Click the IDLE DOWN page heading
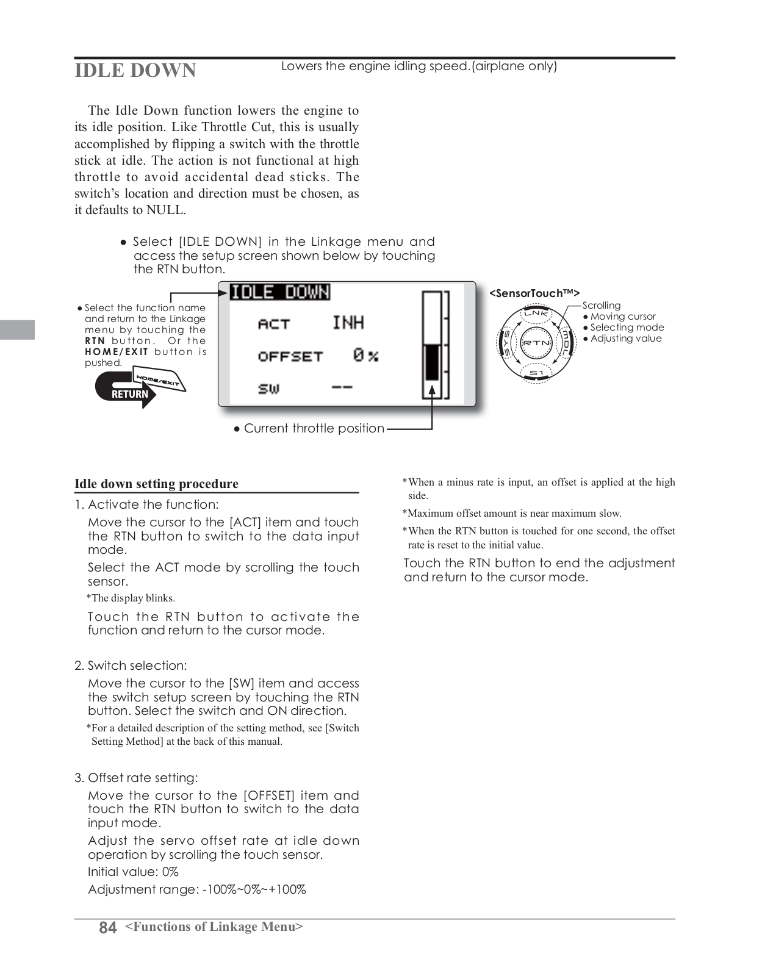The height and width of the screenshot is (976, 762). tap(135, 70)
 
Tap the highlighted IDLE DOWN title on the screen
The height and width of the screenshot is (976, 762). tap(280, 292)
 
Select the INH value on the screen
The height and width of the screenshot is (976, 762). tap(348, 323)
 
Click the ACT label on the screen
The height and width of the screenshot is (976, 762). tap(274, 324)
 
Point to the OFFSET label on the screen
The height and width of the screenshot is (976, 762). tap(290, 356)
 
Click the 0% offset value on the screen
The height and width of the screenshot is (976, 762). tap(365, 355)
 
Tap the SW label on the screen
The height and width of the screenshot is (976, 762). tap(268, 388)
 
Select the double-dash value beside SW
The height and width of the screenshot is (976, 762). tap(342, 387)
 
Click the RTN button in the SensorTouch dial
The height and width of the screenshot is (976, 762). tap(536, 343)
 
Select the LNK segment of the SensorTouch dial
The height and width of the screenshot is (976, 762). tap(536, 314)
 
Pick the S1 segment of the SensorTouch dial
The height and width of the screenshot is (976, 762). tap(536, 373)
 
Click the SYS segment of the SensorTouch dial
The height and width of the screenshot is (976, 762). tap(506, 343)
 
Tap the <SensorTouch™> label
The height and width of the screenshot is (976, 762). tap(534, 293)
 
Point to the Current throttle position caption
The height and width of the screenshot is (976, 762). tap(314, 428)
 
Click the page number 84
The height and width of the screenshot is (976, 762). tap(107, 928)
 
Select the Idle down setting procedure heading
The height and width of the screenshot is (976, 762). tap(156, 484)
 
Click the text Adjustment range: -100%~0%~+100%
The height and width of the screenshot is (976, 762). tap(196, 889)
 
